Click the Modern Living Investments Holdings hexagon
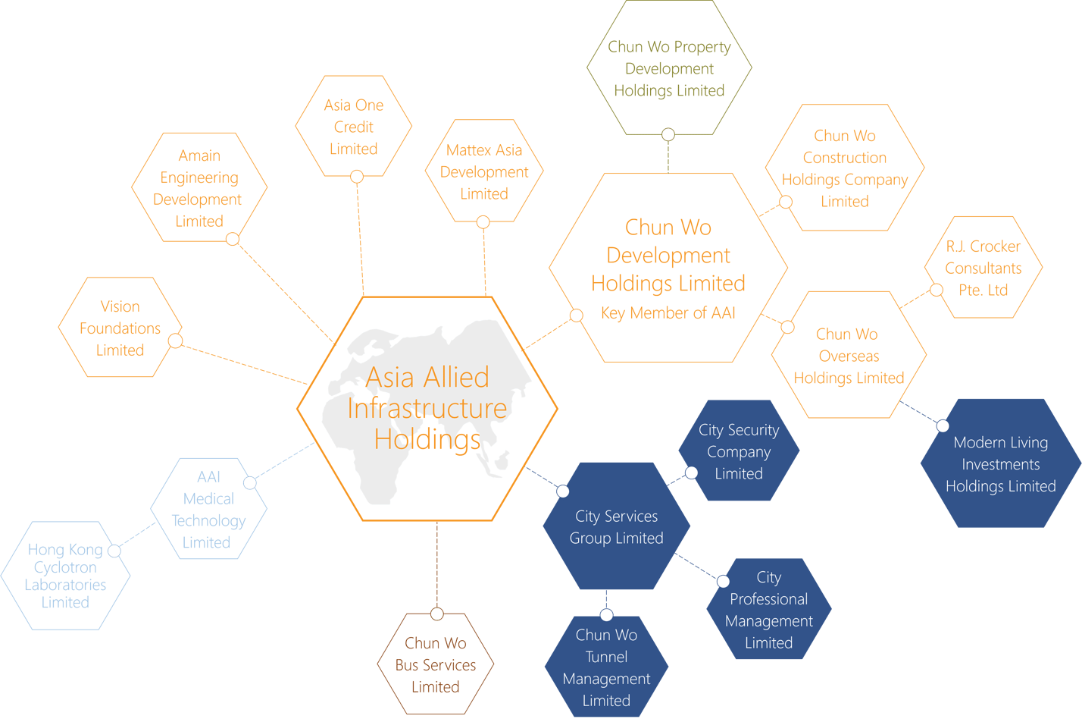[1001, 463]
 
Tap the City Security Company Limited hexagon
[739, 451]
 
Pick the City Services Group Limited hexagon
[616, 526]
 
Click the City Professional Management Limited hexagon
[769, 609]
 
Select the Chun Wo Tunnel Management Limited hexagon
[607, 667]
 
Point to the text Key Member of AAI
[668, 312]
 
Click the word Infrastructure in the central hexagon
[427, 409]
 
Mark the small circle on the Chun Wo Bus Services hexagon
[437, 614]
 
